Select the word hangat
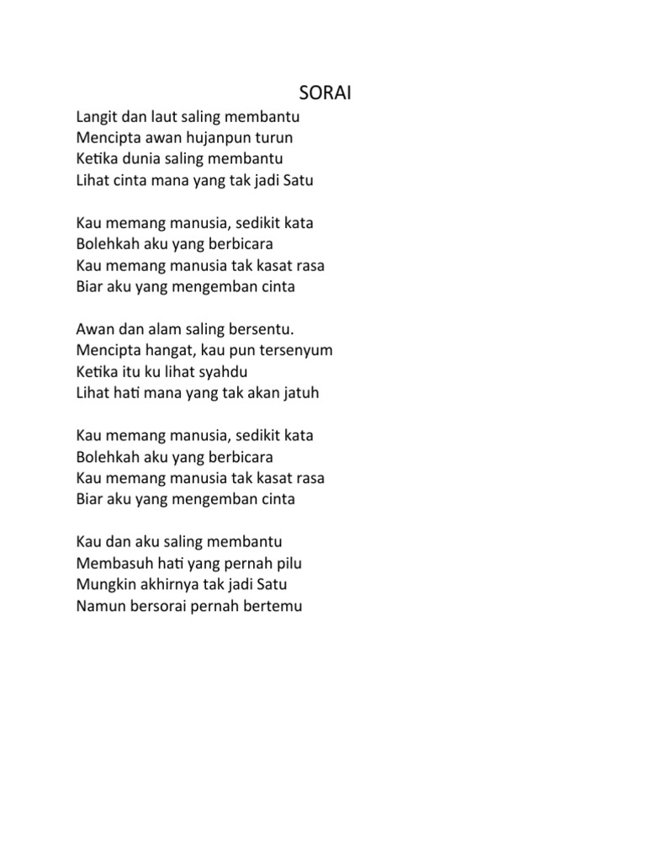[161, 350]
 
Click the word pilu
[285, 562]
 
